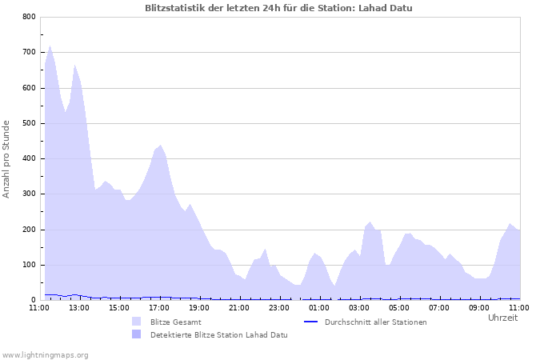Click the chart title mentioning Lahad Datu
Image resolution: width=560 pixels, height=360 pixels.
279,8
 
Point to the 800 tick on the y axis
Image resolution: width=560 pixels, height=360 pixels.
28,17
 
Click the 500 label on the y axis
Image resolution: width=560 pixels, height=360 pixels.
28,123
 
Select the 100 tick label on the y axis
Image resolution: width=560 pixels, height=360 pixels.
28,265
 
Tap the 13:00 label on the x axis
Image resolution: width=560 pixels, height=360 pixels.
79,307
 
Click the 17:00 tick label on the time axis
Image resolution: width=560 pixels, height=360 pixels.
159,307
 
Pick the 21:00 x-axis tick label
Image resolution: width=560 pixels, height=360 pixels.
239,307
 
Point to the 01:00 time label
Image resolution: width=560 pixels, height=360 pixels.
319,307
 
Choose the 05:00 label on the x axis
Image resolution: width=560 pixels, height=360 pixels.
399,307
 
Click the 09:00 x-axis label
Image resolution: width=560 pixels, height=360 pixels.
479,307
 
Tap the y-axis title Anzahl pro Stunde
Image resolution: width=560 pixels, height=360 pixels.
7,158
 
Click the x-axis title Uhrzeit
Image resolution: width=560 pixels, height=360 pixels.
502,318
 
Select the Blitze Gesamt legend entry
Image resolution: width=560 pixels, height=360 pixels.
175,322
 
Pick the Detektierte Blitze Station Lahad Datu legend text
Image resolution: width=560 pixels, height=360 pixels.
218,335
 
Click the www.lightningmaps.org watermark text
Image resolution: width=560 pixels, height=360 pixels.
45,354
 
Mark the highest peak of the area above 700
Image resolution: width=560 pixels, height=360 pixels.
50,46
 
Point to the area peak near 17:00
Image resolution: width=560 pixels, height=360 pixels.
161,146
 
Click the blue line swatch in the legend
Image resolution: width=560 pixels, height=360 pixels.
311,322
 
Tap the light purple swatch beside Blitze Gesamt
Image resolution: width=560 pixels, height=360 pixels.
136,322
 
